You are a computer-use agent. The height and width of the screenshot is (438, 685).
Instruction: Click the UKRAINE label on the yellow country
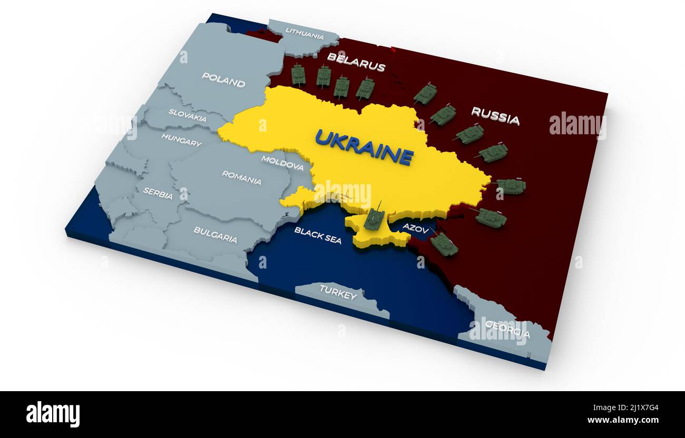364,147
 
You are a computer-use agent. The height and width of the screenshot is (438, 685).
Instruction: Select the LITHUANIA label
305,33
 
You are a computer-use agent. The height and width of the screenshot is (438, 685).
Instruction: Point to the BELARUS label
356,62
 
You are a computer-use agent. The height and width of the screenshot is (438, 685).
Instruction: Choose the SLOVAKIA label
187,115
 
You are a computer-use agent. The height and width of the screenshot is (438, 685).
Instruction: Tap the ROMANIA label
241,177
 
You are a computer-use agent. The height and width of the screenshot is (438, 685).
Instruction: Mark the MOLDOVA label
282,163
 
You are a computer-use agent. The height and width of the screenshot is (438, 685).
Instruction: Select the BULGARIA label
215,234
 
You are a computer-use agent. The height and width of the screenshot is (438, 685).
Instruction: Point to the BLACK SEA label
318,235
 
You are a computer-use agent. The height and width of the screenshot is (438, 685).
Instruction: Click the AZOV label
416,228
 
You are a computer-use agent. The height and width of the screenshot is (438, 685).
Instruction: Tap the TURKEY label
338,294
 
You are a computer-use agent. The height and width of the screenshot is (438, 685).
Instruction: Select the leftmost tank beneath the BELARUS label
298,75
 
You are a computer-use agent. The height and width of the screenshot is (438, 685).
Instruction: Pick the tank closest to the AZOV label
444,244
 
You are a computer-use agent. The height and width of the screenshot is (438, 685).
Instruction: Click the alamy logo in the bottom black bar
53,414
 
